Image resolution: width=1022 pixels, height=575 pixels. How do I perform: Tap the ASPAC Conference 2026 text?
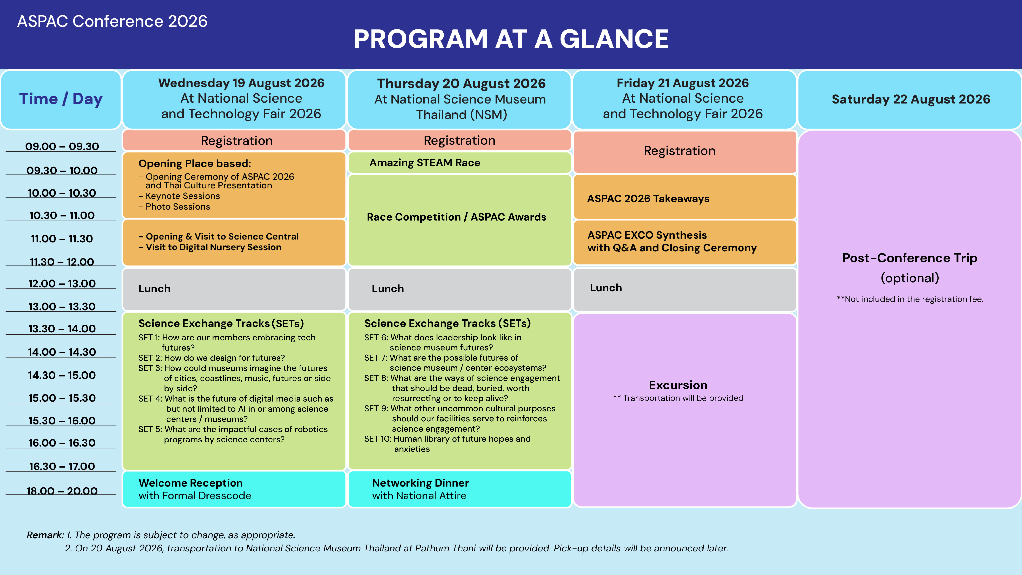(x=112, y=21)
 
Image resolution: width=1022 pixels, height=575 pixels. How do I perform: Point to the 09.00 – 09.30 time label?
(x=62, y=146)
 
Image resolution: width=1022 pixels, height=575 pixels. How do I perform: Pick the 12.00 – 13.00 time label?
(x=62, y=284)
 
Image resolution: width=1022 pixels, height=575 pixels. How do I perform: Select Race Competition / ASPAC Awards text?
(x=456, y=217)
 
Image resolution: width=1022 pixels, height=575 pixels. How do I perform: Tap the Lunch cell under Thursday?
(x=459, y=289)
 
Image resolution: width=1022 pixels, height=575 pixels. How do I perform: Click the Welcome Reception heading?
(x=190, y=483)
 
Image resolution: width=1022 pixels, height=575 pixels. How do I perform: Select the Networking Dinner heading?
(x=421, y=483)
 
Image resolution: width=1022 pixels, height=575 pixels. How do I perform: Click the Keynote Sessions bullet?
(x=179, y=196)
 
